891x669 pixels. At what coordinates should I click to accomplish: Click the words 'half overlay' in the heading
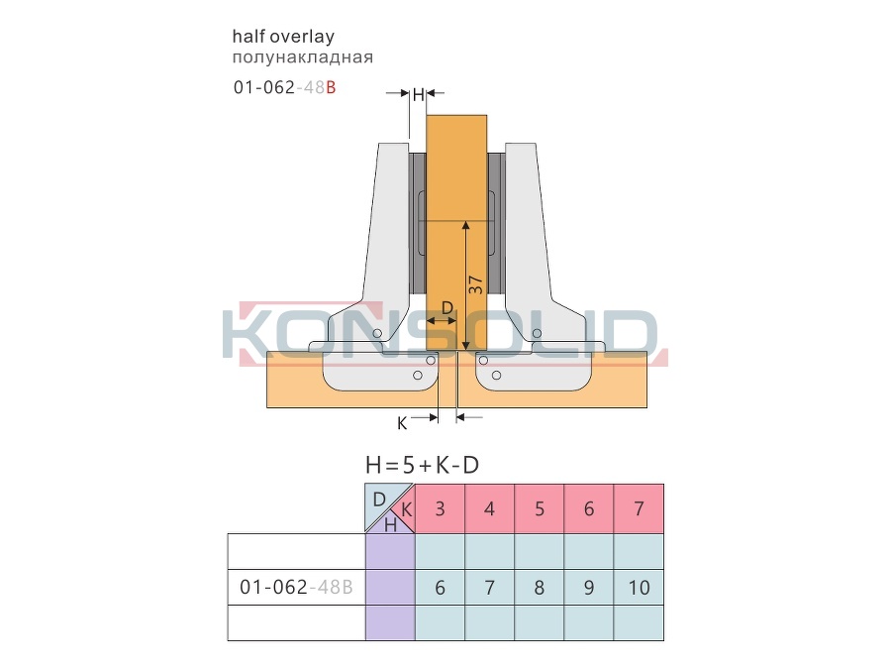(x=283, y=37)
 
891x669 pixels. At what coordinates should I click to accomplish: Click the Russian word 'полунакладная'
(x=302, y=56)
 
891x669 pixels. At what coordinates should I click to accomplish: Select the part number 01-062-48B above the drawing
(x=285, y=87)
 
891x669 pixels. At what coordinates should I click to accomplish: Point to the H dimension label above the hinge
(x=418, y=94)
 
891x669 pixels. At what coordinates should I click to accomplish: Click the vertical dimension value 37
(x=475, y=284)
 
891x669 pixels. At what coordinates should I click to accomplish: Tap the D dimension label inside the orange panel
(x=447, y=308)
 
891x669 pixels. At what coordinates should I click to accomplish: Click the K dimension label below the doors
(x=402, y=423)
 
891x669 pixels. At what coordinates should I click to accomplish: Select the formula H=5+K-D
(x=422, y=466)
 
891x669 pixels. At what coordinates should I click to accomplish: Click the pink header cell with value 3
(x=440, y=508)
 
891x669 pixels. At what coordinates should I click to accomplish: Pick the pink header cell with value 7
(x=639, y=508)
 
